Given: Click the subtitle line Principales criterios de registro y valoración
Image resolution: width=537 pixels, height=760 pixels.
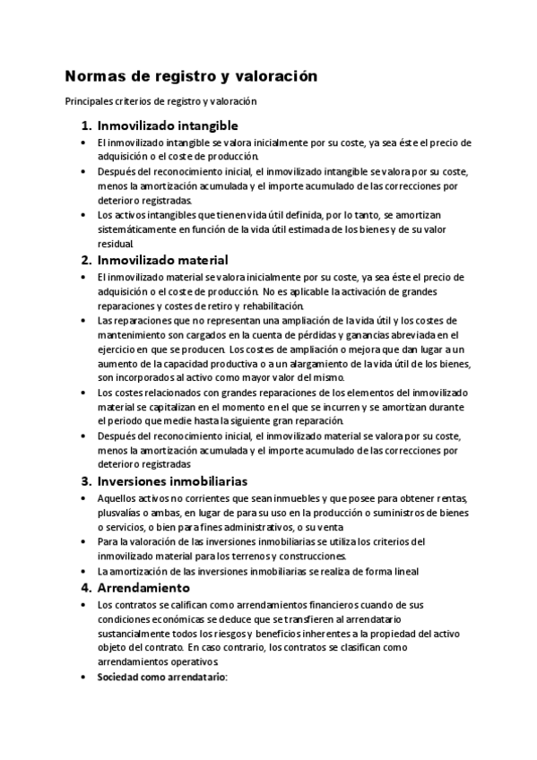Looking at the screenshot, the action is pyautogui.click(x=160, y=101).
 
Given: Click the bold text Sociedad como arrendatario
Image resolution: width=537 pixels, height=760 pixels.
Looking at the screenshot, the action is pyautogui.click(x=162, y=677).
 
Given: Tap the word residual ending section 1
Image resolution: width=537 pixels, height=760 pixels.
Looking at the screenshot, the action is pyautogui.click(x=115, y=244).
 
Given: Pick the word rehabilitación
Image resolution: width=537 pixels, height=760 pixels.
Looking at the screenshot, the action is pyautogui.click(x=273, y=306).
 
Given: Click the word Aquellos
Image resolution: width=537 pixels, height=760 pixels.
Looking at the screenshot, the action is pyautogui.click(x=117, y=498).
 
